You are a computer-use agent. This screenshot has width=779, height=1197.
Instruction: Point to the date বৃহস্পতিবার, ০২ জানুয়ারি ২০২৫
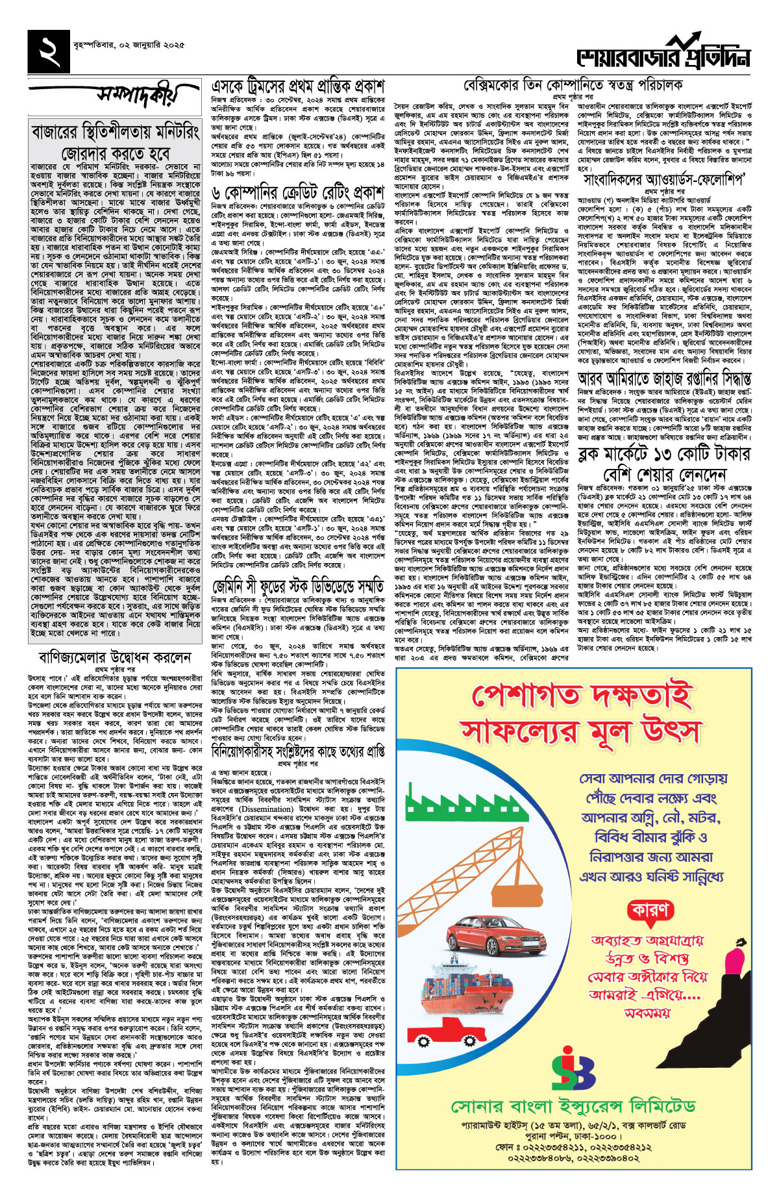pyautogui.click(x=129, y=45)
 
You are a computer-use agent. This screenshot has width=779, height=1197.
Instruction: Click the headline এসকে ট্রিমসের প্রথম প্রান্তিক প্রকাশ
pyautogui.click(x=298, y=86)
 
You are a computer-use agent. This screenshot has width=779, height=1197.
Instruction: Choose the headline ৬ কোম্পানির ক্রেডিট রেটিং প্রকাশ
pyautogui.click(x=298, y=192)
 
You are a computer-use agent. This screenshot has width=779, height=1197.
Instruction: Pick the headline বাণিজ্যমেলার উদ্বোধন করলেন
pyautogui.click(x=115, y=657)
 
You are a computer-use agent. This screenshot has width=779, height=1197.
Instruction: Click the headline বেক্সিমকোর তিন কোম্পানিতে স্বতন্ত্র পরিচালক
pyautogui.click(x=573, y=86)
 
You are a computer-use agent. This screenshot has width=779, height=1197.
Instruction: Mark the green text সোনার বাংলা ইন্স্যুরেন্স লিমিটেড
pyautogui.click(x=573, y=1106)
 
